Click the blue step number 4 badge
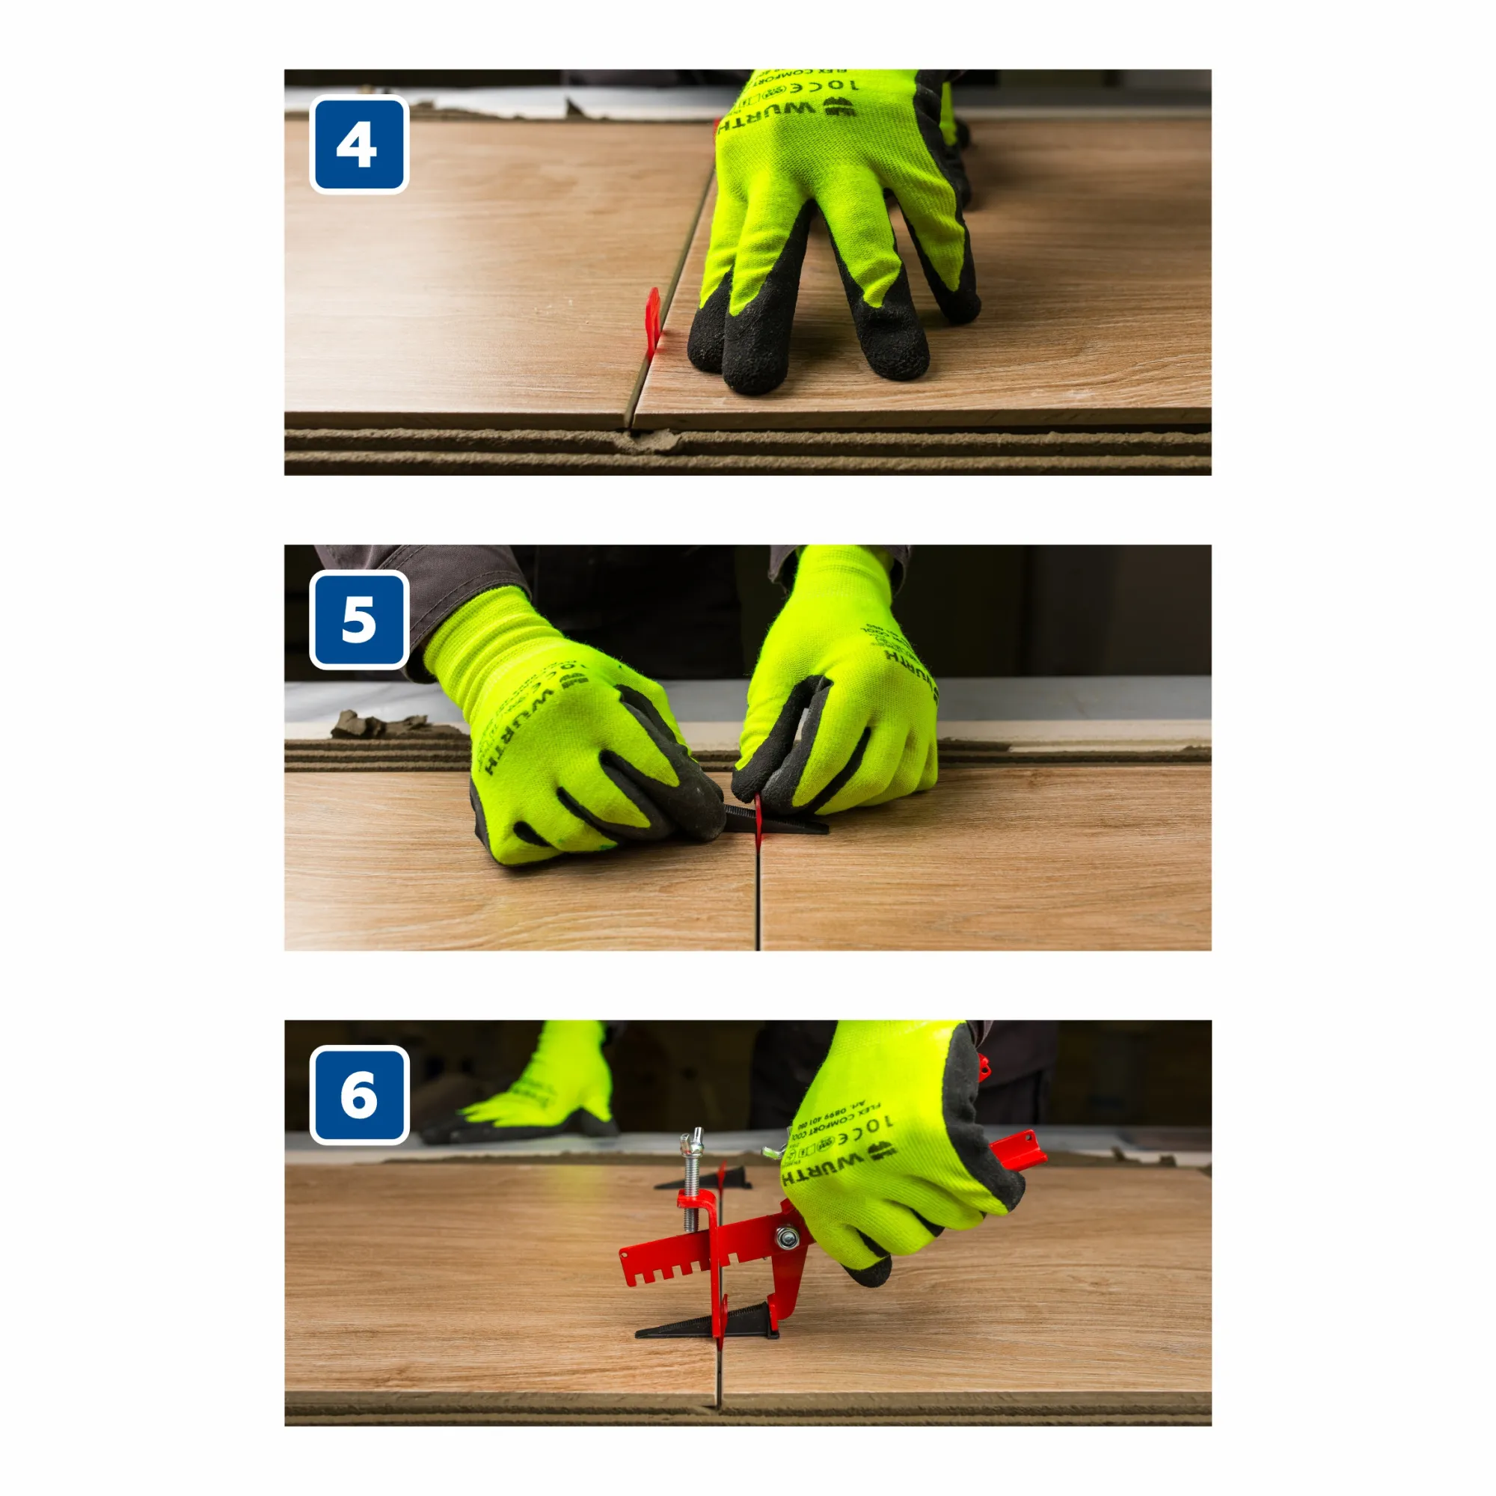[358, 145]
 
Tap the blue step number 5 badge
[358, 620]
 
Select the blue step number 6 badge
[358, 1095]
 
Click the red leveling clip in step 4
[654, 319]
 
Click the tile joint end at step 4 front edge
[629, 422]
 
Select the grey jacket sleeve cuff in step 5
[434, 596]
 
